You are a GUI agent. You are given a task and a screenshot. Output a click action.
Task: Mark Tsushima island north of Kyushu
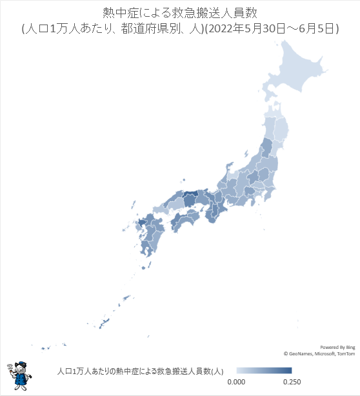click(133, 204)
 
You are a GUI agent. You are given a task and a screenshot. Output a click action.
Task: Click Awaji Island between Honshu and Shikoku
click(205, 211)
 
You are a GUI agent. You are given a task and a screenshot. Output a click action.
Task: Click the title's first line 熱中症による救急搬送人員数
click(180, 13)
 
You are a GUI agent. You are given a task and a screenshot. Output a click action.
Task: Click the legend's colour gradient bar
click(264, 371)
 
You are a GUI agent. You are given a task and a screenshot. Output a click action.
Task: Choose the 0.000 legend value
click(236, 382)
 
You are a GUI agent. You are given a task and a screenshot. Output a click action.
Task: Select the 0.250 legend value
click(292, 382)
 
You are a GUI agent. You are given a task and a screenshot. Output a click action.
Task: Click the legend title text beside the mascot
click(139, 371)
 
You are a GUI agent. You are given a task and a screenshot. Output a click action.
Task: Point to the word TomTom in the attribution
click(345, 353)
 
